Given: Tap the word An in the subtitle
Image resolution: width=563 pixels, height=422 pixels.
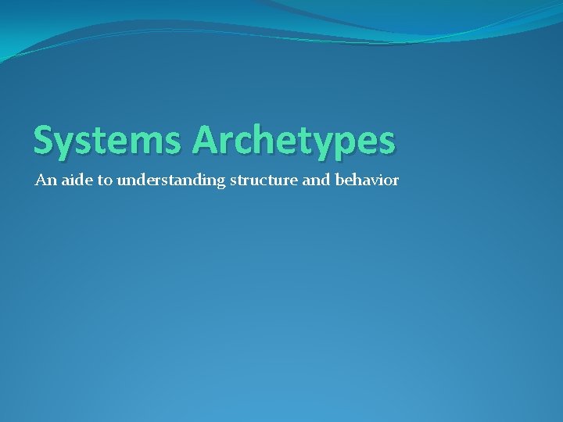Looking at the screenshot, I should pos(45,181).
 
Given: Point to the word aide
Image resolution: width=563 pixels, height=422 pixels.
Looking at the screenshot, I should pos(74,181).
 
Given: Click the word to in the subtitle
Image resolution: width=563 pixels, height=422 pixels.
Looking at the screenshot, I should pos(105,181).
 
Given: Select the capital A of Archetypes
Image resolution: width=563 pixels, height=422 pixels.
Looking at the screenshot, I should pos(206,140).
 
